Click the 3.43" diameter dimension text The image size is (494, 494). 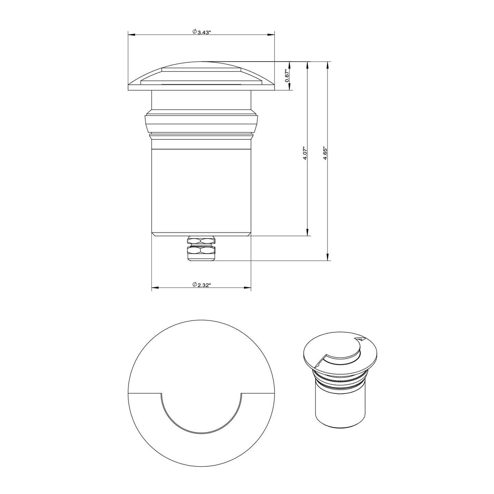coord(204,32)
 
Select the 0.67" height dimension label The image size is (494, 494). coord(287,76)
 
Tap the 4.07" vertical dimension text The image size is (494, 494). coord(305,153)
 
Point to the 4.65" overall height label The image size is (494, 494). coord(325,153)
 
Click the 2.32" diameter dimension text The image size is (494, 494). coord(204,285)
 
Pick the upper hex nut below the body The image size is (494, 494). coord(201,240)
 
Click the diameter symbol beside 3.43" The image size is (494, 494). coord(194,32)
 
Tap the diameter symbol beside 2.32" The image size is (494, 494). coord(194,284)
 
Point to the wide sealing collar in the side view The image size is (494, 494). coord(201,124)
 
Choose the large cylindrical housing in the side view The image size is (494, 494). coord(201,191)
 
